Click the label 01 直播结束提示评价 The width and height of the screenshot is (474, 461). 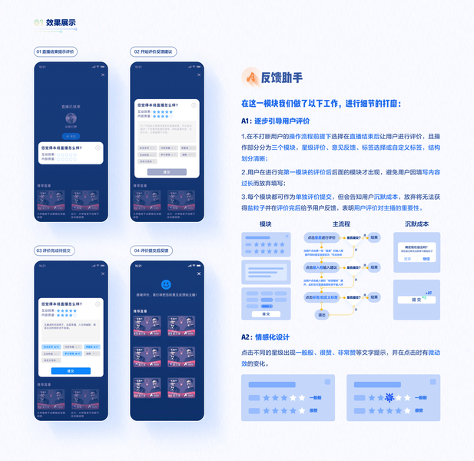tap(56, 51)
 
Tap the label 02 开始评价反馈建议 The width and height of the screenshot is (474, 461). tap(154, 51)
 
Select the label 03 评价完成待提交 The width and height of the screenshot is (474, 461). tap(55, 250)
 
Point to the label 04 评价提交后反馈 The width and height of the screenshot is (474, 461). tap(153, 250)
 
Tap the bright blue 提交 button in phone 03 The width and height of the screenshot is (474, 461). tap(70, 370)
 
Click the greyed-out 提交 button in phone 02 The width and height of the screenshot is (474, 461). tap(167, 172)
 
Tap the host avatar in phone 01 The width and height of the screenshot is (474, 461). tap(70, 118)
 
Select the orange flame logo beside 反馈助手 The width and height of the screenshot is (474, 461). tap(250, 77)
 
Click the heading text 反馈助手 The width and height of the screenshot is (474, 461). tap(282, 78)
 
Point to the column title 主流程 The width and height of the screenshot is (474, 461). tap(340, 224)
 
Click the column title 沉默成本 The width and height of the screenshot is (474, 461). tap(416, 224)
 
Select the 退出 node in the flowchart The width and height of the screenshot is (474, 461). tap(322, 313)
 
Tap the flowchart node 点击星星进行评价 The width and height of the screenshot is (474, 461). tap(323, 237)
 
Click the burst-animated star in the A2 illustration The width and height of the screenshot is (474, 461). tap(389, 397)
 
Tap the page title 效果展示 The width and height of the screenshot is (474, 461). tap(61, 22)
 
